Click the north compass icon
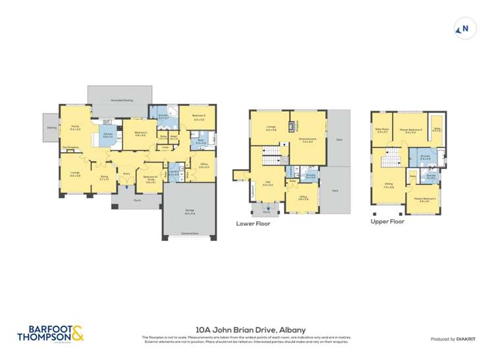click(x=464, y=28)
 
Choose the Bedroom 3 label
click(x=199, y=116)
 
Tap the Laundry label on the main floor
click(x=173, y=173)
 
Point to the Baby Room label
click(x=381, y=130)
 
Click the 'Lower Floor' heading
click(x=253, y=224)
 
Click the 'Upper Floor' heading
click(x=387, y=222)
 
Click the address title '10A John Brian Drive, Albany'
click(x=246, y=330)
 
